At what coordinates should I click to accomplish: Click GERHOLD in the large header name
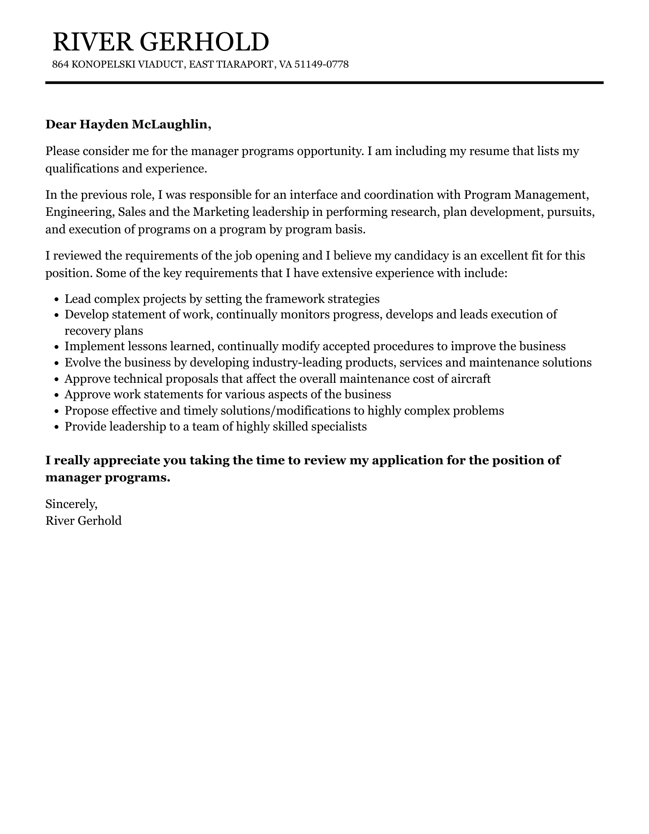coord(203,42)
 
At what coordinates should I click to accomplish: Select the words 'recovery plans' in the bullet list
coord(104,331)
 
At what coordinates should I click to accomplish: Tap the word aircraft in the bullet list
coord(470,379)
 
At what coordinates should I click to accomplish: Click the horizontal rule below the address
coord(324,83)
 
